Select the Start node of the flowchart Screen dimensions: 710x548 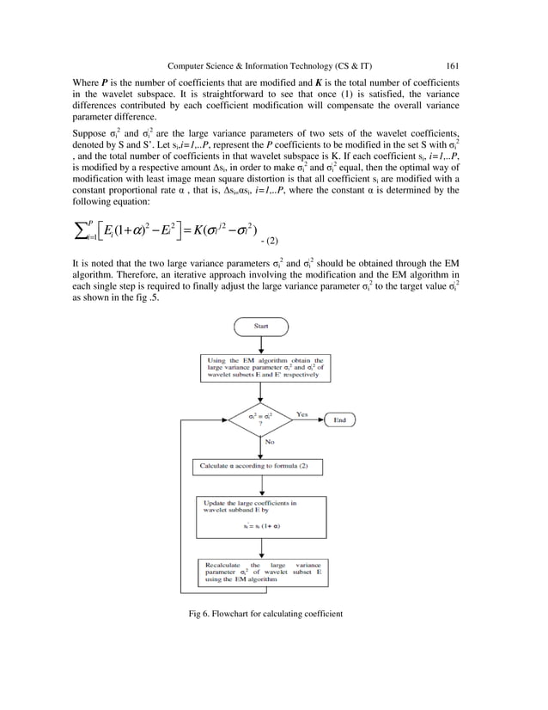point(259,327)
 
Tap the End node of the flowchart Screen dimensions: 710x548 point(339,419)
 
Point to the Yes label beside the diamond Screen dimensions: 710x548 point(301,413)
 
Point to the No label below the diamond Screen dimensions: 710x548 point(270,442)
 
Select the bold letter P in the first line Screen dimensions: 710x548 point(104,82)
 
